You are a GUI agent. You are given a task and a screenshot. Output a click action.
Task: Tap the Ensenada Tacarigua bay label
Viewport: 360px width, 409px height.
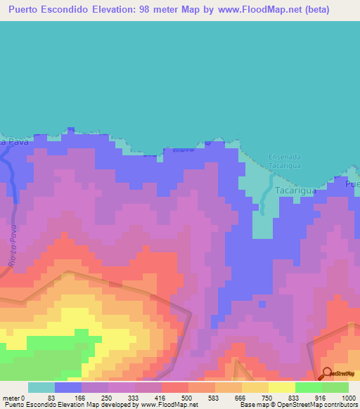285,161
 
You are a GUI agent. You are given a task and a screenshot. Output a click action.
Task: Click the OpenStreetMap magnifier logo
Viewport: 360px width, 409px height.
328,373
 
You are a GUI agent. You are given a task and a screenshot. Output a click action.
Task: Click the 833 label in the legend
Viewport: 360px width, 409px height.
295,398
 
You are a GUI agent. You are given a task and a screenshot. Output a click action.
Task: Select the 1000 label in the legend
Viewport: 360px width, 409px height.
348,398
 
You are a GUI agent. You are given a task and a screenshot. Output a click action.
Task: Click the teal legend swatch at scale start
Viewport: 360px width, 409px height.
41,387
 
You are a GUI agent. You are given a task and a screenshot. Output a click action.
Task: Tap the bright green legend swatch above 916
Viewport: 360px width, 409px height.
308,387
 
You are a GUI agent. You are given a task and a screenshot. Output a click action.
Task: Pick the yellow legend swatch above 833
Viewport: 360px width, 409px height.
281,387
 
